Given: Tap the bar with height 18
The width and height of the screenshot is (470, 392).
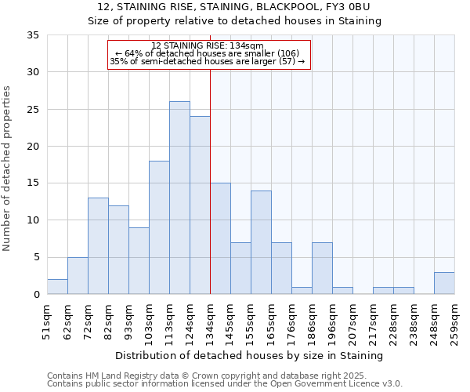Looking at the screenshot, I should pyautogui.click(x=159, y=227).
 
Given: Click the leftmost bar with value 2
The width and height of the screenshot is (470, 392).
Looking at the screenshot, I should pyautogui.click(x=57, y=287).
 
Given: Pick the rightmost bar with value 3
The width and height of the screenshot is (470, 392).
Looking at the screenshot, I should pyautogui.click(x=444, y=283).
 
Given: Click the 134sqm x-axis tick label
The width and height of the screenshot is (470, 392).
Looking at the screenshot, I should pyautogui.click(x=210, y=319).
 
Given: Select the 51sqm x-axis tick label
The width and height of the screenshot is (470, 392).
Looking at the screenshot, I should pyautogui.click(x=47, y=319).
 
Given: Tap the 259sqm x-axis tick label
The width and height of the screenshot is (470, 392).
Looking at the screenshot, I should pyautogui.click(x=454, y=319).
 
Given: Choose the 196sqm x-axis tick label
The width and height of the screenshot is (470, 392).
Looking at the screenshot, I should pyautogui.click(x=332, y=319).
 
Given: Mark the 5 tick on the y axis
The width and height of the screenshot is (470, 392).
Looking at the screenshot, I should pyautogui.click(x=36, y=258).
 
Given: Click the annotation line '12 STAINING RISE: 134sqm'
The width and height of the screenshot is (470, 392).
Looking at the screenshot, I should pyautogui.click(x=208, y=46).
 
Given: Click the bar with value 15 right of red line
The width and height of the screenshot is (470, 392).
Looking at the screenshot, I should pyautogui.click(x=220, y=238).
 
